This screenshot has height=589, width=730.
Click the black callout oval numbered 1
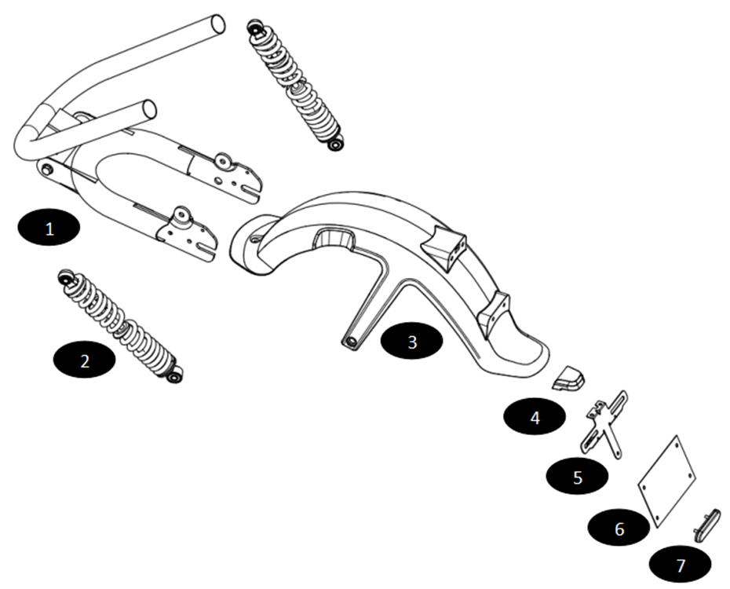49,229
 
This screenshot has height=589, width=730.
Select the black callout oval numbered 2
84,360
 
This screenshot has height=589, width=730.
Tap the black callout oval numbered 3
412,342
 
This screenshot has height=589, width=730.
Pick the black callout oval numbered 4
535,417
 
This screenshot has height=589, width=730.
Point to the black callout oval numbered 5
578,477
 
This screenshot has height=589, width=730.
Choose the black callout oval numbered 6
619,529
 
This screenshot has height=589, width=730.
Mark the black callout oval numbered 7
680,564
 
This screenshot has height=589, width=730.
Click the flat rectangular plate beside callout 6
666,480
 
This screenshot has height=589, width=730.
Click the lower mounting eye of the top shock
336,144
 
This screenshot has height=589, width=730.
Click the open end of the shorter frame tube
148,109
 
